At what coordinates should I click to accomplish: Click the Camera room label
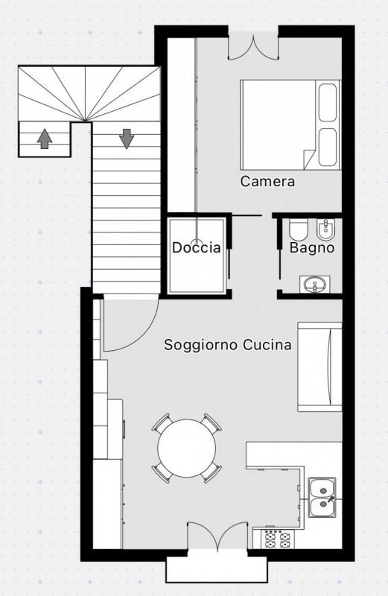pyautogui.click(x=267, y=181)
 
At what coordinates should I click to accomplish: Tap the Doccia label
pyautogui.click(x=196, y=247)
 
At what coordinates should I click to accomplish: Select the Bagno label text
pyautogui.click(x=312, y=248)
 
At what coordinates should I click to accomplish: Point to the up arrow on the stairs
pyautogui.click(x=45, y=139)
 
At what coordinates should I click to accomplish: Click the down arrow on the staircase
pyautogui.click(x=127, y=139)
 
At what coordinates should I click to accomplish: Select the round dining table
pyautogui.click(x=187, y=448)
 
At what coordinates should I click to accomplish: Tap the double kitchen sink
pyautogui.click(x=322, y=498)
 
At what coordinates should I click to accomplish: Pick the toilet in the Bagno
pyautogui.click(x=295, y=230)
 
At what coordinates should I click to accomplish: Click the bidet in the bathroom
pyautogui.click(x=325, y=229)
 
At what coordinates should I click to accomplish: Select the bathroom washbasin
pyautogui.click(x=314, y=285)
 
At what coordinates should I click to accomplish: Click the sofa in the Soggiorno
pyautogui.click(x=319, y=367)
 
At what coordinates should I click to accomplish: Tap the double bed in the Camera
pyautogui.click(x=290, y=124)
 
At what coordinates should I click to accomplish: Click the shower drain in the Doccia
pyautogui.click(x=196, y=242)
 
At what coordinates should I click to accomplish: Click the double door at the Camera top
pyautogui.click(x=253, y=47)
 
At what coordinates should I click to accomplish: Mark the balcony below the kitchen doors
pyautogui.click(x=217, y=570)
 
